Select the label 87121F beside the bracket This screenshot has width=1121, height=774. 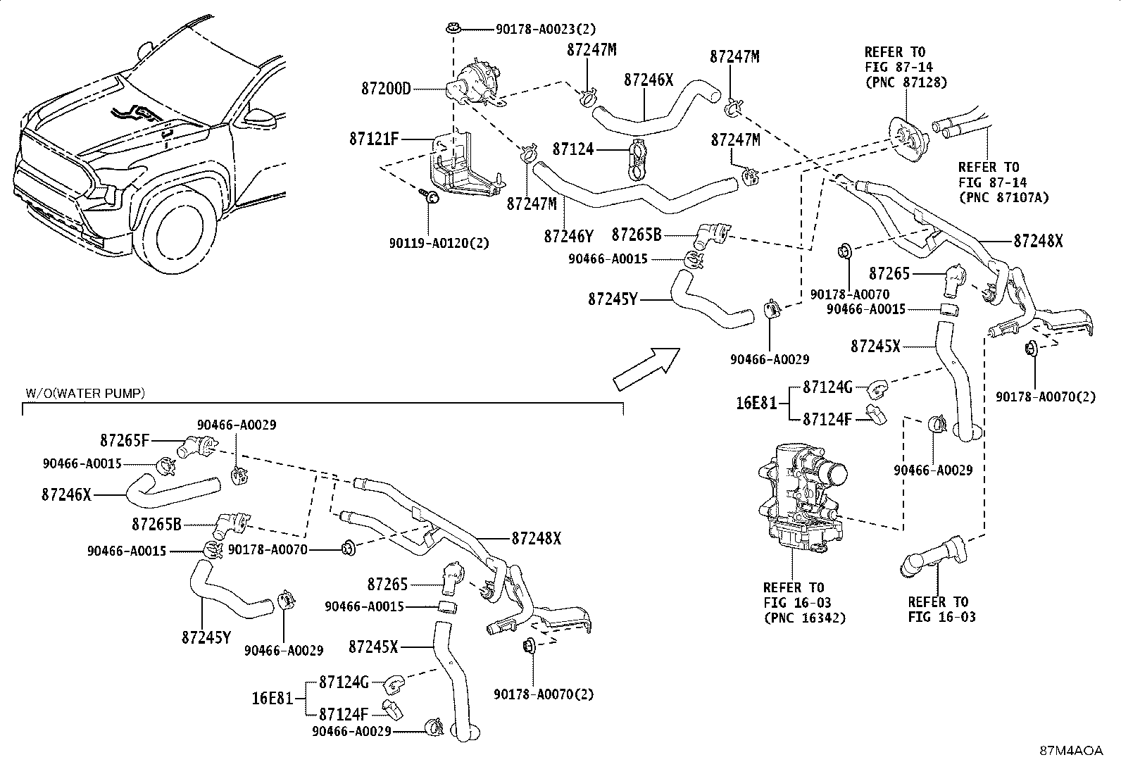(x=374, y=139)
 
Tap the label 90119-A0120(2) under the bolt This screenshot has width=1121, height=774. (x=439, y=243)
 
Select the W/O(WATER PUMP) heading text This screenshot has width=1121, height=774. (x=85, y=393)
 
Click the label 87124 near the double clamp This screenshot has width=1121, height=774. (x=573, y=149)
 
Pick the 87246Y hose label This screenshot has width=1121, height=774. (x=568, y=235)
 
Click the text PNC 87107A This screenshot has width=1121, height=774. (x=1003, y=197)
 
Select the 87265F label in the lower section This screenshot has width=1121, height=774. (x=125, y=441)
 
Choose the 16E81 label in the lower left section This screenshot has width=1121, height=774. (x=272, y=699)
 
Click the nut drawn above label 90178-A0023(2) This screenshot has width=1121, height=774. (x=451, y=30)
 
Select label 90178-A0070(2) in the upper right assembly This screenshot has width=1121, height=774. (x=1045, y=397)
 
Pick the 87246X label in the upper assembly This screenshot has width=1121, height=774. (x=649, y=80)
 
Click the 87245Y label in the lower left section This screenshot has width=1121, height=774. (x=206, y=637)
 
